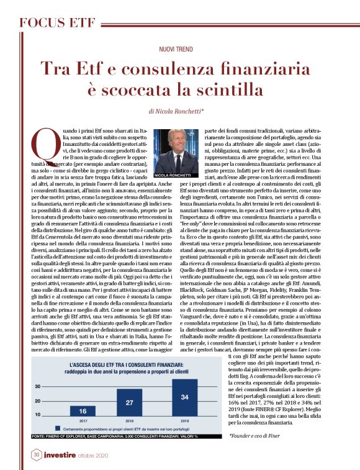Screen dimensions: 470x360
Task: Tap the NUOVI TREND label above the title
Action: pyautogui.click(x=179, y=48)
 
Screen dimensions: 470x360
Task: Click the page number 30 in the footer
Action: pyautogui.click(x=35, y=455)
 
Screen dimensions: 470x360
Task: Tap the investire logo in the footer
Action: pyautogui.click(x=64, y=455)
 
